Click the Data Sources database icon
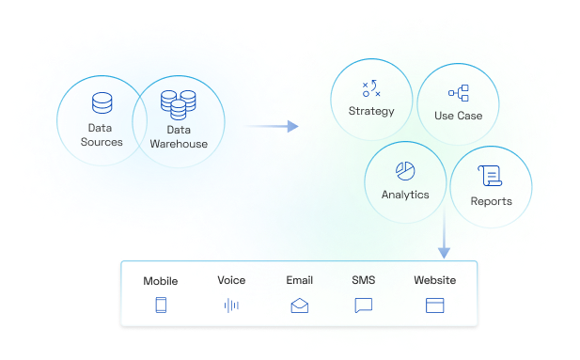pos(102,102)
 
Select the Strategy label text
pos(371,112)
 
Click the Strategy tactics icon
pos(371,89)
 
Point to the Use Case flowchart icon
pos(459,93)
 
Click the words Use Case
pos(459,116)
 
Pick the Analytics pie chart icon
pos(405,171)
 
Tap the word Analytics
pos(405,195)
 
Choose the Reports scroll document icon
pos(489,175)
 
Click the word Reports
pos(491,200)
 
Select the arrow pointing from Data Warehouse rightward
pos(271,125)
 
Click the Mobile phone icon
pos(160,305)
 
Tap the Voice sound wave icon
pos(231,305)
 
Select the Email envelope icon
pos(300,305)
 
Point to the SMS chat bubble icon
pos(364,305)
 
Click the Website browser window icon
pos(434,305)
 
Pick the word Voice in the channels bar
pos(231,280)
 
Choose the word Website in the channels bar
pos(434,280)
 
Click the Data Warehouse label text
pos(179,136)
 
